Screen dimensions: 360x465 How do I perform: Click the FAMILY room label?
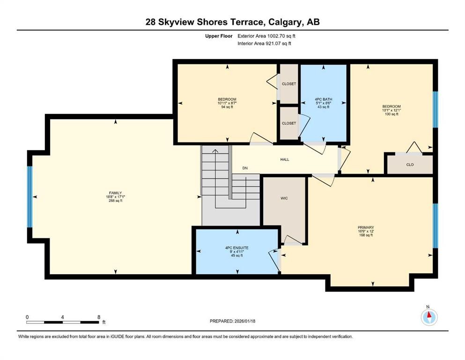(115, 193)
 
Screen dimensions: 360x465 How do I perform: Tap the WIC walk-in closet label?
(284, 198)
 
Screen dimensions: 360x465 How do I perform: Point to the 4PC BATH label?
(323, 99)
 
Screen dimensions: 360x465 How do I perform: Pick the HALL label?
(285, 159)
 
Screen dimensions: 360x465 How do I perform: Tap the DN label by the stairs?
(244, 168)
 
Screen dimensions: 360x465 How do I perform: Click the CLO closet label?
(410, 165)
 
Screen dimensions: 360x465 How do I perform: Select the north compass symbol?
(428, 317)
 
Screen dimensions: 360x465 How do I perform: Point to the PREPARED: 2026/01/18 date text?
(232, 321)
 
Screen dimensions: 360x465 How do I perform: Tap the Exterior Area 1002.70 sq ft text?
(266, 36)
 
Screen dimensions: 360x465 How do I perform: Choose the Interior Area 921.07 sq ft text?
(265, 44)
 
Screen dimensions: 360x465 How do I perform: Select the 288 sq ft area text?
(115, 201)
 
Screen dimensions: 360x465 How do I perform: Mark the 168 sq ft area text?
(365, 235)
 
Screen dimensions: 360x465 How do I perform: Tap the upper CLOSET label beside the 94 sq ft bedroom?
(289, 84)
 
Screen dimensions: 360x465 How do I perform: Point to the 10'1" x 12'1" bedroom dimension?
(391, 110)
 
